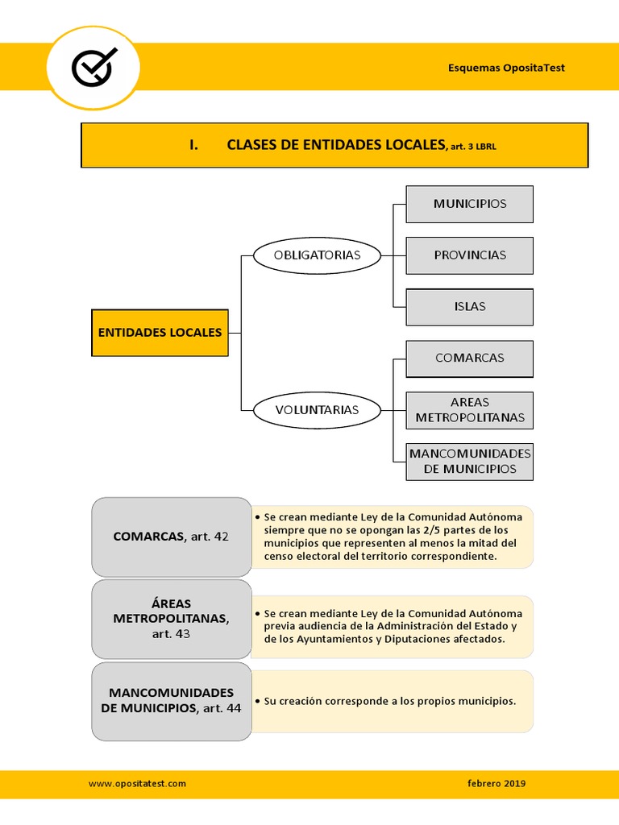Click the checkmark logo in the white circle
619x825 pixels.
click(x=93, y=67)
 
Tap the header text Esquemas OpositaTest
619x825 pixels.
click(x=506, y=68)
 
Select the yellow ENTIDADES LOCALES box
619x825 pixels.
click(x=160, y=332)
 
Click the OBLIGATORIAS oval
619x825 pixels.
click(x=316, y=255)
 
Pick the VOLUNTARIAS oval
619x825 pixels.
click(x=316, y=410)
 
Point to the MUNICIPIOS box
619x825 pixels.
click(x=469, y=204)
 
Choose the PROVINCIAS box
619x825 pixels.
click(x=469, y=255)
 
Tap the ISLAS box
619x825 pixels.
click(x=469, y=307)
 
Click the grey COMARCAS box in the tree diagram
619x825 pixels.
click(x=469, y=359)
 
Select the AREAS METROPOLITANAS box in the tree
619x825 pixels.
click(x=469, y=410)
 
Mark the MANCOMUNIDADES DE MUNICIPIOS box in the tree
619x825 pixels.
click(x=469, y=461)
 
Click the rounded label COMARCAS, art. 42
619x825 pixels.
click(x=171, y=537)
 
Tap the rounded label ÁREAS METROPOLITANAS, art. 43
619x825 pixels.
click(x=171, y=619)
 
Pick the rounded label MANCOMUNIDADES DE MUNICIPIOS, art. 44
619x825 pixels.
click(x=171, y=700)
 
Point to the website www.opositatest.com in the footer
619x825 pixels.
click(x=137, y=783)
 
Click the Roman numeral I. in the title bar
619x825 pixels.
click(x=193, y=145)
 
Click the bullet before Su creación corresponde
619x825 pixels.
click(x=256, y=702)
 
